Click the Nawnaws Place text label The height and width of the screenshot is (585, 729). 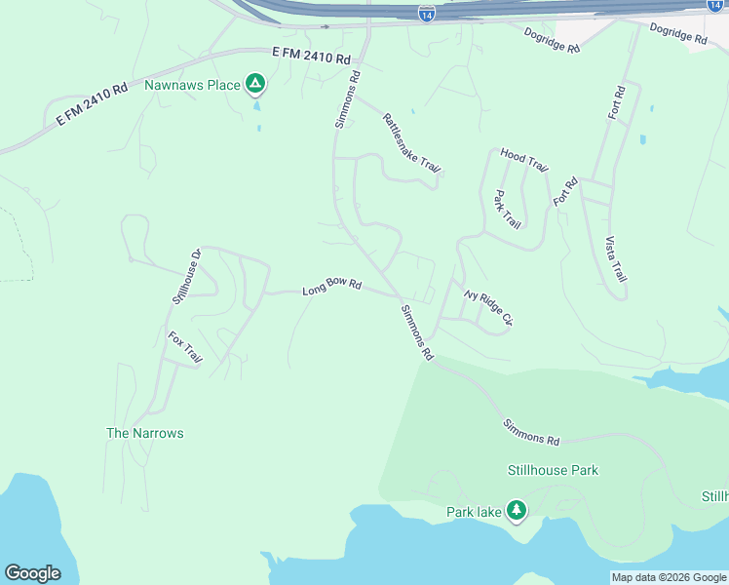pyautogui.click(x=192, y=86)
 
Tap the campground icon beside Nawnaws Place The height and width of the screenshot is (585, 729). pyautogui.click(x=255, y=85)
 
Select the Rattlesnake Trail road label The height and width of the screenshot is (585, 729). pyautogui.click(x=411, y=143)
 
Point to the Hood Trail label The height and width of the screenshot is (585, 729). pyautogui.click(x=524, y=159)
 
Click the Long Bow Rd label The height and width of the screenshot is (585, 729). pyautogui.click(x=331, y=288)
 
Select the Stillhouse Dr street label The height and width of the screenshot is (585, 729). pyautogui.click(x=185, y=277)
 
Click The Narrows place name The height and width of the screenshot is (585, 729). pyautogui.click(x=144, y=433)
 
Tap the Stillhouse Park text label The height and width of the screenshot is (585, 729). pyautogui.click(x=553, y=470)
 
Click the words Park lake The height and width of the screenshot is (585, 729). pyautogui.click(x=473, y=512)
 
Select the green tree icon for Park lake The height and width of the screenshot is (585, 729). pyautogui.click(x=516, y=510)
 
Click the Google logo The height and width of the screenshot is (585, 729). pyautogui.click(x=32, y=573)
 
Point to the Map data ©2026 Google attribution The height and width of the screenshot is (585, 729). pyautogui.click(x=669, y=577)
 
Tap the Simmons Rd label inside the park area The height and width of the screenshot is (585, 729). pyautogui.click(x=532, y=432)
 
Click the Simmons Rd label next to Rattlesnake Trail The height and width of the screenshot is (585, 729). pyautogui.click(x=348, y=98)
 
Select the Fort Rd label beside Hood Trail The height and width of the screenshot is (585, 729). pyautogui.click(x=565, y=190)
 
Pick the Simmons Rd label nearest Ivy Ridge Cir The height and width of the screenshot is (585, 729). pyautogui.click(x=416, y=332)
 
